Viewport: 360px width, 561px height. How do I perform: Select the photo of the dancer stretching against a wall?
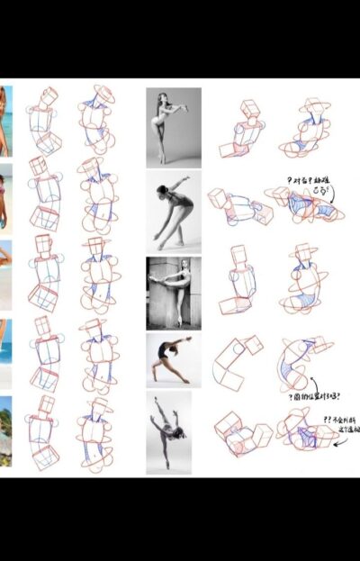174,292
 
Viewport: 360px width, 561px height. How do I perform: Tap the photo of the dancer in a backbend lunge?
174,360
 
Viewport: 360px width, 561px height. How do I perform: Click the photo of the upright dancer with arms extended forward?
174,126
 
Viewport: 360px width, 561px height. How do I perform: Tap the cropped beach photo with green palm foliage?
5,430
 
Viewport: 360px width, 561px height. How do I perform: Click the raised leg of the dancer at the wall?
167,276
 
